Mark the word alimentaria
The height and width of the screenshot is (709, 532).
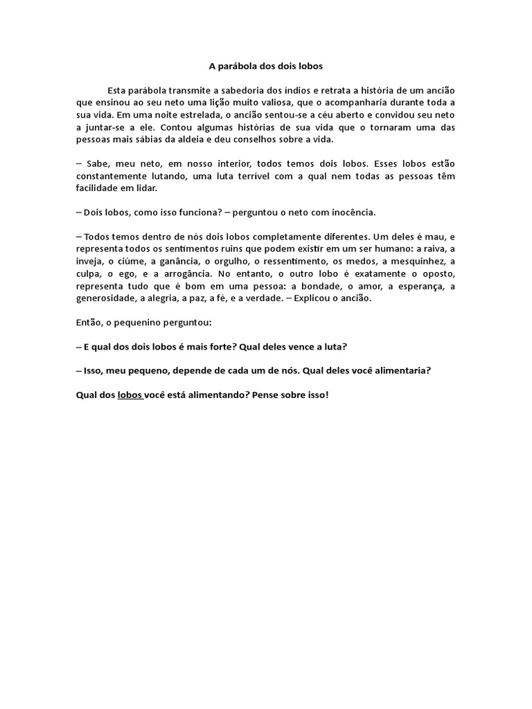click(x=400, y=370)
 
